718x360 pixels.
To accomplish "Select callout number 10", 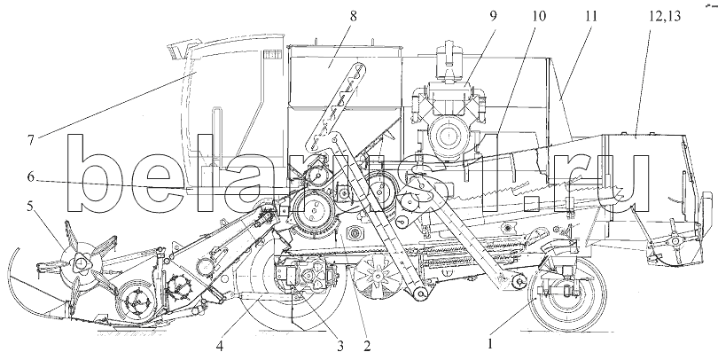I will click(539, 16).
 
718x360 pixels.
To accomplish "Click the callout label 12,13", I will click(658, 16).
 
